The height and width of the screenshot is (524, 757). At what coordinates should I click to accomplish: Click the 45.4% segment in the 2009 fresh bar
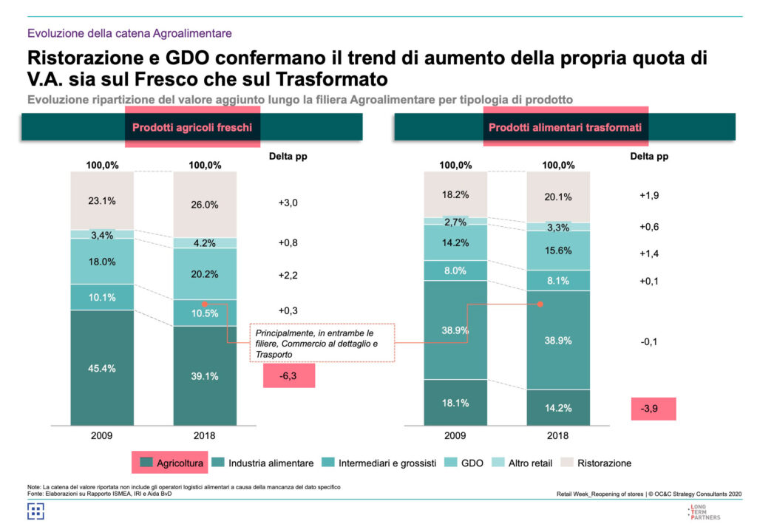click(x=102, y=368)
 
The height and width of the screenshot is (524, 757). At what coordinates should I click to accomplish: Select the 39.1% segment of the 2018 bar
click(x=205, y=376)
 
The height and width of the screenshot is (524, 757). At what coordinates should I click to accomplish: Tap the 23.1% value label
click(x=102, y=200)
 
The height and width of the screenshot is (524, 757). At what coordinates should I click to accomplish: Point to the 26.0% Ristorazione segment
click(x=205, y=205)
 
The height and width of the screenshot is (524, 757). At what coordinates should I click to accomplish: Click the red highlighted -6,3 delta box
click(x=289, y=375)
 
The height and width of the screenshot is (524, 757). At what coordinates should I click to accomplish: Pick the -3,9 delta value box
click(x=654, y=409)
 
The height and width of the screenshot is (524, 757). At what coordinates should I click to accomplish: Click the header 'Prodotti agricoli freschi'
click(x=191, y=127)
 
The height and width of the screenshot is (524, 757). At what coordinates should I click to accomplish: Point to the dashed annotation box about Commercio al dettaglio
click(x=321, y=343)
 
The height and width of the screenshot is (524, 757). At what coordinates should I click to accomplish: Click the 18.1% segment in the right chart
click(x=455, y=402)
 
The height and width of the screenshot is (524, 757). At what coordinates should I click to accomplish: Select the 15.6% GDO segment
click(x=558, y=251)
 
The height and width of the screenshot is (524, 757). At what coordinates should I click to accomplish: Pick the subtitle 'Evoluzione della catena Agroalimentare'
click(x=129, y=33)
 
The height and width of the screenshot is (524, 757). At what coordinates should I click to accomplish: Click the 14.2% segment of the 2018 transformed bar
click(x=558, y=407)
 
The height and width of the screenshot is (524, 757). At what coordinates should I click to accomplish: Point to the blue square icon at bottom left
click(x=36, y=511)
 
